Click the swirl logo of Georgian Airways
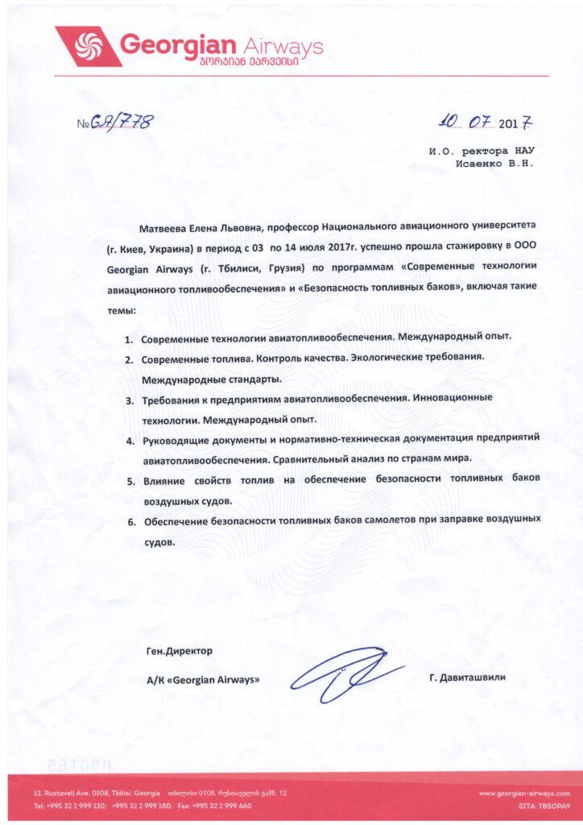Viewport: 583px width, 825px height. click(85, 47)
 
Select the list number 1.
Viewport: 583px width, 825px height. click(129, 338)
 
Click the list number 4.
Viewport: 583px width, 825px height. click(130, 442)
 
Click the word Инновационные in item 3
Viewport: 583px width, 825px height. click(451, 400)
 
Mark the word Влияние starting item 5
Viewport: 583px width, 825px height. click(164, 482)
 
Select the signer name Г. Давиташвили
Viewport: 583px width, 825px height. click(468, 678)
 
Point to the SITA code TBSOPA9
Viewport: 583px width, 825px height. click(544, 806)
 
